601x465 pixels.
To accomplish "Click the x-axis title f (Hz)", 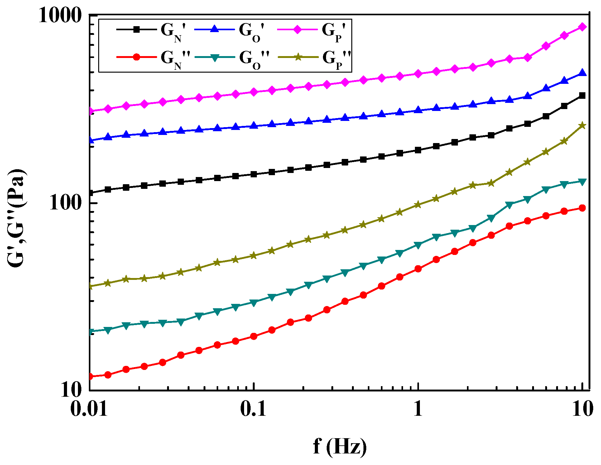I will pos(340,447).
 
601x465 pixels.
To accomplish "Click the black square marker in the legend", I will pos(136,29).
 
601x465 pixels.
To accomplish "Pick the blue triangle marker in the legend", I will pos(214,29).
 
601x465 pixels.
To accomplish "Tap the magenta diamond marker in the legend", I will pos(297,29).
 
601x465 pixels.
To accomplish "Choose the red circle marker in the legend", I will pos(136,57).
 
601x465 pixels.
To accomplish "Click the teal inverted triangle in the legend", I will pos(214,57).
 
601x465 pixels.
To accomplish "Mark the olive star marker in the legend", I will pos(298,57).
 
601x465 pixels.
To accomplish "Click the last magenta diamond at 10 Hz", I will pos(582,27).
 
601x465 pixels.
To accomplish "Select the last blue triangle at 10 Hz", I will pos(582,73).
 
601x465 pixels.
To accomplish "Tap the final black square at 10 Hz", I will pos(582,96).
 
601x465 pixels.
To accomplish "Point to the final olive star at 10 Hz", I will pos(582,126).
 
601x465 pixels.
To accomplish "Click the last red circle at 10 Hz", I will pos(582,208).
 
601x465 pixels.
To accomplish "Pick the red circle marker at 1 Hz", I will pos(418,269).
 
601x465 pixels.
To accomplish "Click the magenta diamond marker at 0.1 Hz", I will pos(254,92).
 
